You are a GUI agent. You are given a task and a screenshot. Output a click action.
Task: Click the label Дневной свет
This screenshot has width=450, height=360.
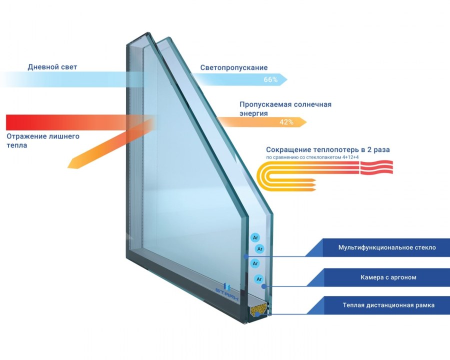[x=52, y=66]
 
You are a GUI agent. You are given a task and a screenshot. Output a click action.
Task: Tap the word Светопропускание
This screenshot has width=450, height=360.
[x=234, y=67]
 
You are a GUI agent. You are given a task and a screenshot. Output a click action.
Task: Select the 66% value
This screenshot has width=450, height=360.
[x=270, y=79]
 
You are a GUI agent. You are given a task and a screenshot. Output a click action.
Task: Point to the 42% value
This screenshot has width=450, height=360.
[x=286, y=121]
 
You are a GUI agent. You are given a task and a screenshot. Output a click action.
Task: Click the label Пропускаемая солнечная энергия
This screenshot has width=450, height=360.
[x=285, y=109]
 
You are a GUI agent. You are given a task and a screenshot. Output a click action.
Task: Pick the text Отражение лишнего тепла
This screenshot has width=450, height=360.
[x=42, y=140]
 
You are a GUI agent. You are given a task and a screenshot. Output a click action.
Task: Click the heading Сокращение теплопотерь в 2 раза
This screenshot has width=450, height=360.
[x=327, y=149]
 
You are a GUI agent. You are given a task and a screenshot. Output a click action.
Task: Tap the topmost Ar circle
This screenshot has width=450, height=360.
[x=255, y=238]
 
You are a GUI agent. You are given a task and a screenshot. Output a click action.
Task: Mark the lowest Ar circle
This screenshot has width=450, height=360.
[x=258, y=279]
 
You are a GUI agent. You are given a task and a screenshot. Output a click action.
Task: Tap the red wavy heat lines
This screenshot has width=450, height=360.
[x=375, y=167]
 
